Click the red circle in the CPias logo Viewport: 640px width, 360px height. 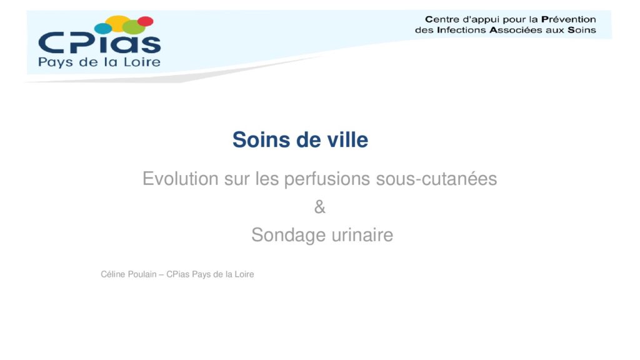click(x=145, y=21)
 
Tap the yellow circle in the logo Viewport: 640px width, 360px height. click(x=118, y=22)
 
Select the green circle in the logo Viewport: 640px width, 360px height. click(x=134, y=27)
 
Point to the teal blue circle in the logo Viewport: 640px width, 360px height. click(x=103, y=29)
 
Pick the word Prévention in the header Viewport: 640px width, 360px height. click(x=569, y=19)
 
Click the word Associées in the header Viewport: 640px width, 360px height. click(x=516, y=30)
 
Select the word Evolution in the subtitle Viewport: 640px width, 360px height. click(x=181, y=179)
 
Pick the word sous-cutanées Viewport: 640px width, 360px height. click(x=436, y=179)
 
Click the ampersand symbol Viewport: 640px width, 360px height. click(x=320, y=207)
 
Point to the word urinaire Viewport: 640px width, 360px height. click(x=362, y=235)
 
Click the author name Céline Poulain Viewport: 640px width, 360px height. click(x=129, y=274)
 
